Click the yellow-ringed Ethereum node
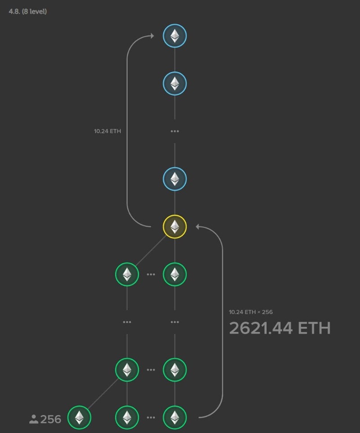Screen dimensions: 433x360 pos(175,226)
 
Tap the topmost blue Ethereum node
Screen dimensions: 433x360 pos(175,36)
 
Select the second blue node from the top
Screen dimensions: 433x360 pos(175,84)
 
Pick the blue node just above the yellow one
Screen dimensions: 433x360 pos(175,179)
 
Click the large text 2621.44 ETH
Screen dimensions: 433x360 pos(279,328)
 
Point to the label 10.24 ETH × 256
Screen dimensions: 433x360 pos(251,312)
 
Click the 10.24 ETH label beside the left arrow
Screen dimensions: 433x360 pos(108,131)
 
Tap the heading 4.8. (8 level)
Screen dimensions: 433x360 pos(27,11)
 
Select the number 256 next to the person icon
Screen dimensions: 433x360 pos(50,419)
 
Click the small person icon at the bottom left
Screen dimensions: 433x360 pos(34,419)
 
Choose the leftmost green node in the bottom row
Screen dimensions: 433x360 pos(79,417)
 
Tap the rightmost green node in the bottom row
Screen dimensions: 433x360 pos(175,417)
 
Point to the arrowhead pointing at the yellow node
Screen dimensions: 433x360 pos(198,226)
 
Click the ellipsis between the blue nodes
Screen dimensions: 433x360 pos(175,131)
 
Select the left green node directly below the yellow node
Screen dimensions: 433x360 pos(127,274)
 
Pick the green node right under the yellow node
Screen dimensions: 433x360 pos(175,274)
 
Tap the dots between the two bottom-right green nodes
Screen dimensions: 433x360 pos(151,417)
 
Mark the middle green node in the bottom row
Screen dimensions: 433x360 pos(127,417)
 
